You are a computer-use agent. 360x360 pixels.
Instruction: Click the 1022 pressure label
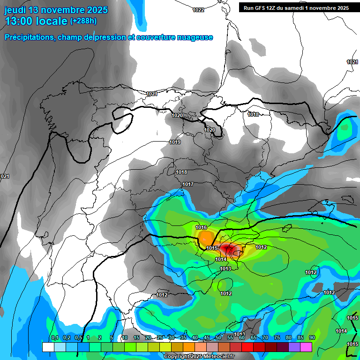click(198, 10)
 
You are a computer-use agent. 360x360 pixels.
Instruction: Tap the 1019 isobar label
click(175, 142)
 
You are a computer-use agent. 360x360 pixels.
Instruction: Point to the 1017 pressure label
click(188, 184)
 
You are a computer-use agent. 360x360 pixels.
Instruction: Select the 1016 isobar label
click(201, 227)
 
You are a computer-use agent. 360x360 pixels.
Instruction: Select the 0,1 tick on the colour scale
click(54, 338)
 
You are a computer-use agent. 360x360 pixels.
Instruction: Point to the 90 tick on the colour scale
click(312, 338)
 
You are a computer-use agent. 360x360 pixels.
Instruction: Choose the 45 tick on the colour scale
click(207, 338)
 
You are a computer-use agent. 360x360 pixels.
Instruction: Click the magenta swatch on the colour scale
click(306, 347)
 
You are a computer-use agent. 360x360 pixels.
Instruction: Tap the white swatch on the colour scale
click(48, 347)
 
